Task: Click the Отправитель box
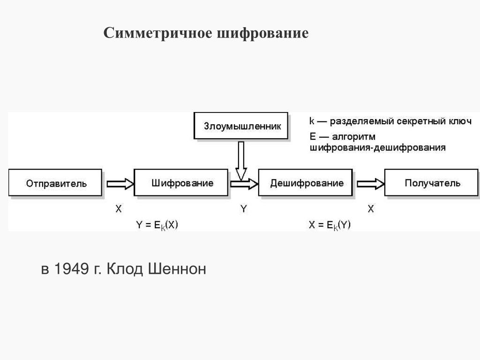[55, 183]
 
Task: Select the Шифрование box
[182, 183]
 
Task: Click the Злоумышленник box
[241, 126]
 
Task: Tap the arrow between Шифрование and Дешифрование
[244, 183]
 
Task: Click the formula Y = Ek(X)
[157, 225]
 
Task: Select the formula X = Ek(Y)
[330, 225]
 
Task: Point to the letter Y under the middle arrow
[243, 209]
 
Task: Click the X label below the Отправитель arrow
[118, 209]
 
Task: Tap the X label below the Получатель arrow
[371, 209]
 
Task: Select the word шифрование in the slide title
[262, 34]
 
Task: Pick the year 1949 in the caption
[72, 270]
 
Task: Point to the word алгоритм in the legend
[354, 137]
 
